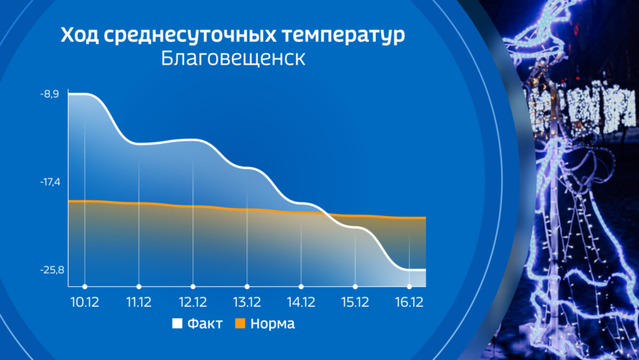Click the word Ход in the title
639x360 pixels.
point(79,35)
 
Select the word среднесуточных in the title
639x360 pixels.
point(190,36)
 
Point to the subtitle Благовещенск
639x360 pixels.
point(233,59)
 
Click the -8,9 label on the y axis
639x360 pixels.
point(49,94)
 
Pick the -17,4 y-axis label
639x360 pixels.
point(50,182)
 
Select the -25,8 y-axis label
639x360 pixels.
point(52,270)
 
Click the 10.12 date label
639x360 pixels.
point(84,302)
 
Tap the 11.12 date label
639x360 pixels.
point(139,302)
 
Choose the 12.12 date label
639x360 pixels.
point(192,302)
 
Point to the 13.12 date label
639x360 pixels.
point(247,302)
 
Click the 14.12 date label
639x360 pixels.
point(301,302)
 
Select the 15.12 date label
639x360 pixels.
point(355,302)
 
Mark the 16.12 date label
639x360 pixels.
point(409,302)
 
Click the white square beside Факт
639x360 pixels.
point(177,323)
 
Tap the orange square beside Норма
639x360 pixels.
point(240,323)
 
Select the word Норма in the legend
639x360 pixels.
point(272,323)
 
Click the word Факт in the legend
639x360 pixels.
point(205,323)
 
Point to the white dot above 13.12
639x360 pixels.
point(247,287)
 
